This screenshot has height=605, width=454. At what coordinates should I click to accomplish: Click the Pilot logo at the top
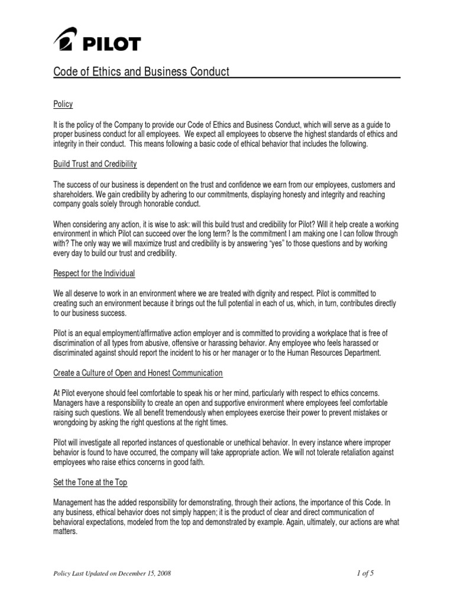[x=98, y=42]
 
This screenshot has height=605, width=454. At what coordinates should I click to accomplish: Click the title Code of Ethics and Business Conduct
[x=141, y=72]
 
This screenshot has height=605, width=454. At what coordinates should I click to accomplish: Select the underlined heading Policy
[x=63, y=105]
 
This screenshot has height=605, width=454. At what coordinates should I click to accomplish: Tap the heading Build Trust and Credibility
[x=95, y=164]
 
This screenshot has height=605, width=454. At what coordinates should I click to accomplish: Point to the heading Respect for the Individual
[x=95, y=274]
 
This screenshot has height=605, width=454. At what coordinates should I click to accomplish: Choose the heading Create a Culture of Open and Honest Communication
[x=138, y=373]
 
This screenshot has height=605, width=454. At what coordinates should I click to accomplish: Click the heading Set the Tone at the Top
[x=90, y=483]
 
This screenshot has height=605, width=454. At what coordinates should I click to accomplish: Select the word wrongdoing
[x=73, y=422]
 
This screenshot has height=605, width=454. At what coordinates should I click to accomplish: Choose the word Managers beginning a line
[x=70, y=404]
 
